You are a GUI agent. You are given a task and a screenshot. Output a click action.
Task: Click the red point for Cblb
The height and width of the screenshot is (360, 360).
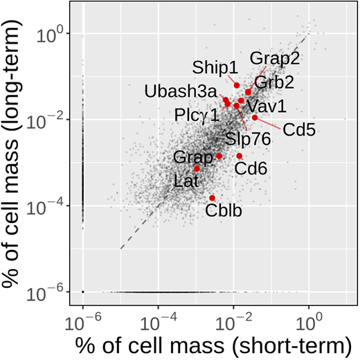pyautogui.click(x=213, y=198)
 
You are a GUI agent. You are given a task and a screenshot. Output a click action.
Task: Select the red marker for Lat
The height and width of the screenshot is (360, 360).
pyautogui.click(x=197, y=168)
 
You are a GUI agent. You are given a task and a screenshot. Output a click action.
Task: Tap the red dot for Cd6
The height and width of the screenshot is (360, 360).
pyautogui.click(x=240, y=156)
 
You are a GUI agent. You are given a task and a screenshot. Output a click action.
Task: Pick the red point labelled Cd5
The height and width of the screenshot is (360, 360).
pyautogui.click(x=255, y=118)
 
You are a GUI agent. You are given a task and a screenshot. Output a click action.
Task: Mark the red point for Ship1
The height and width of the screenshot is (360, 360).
pyautogui.click(x=237, y=85)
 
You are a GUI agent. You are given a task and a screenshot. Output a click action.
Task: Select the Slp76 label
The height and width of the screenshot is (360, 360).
pyautogui.click(x=246, y=138)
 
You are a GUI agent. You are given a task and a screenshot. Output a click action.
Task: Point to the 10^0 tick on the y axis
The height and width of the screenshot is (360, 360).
pyautogui.click(x=53, y=34)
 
